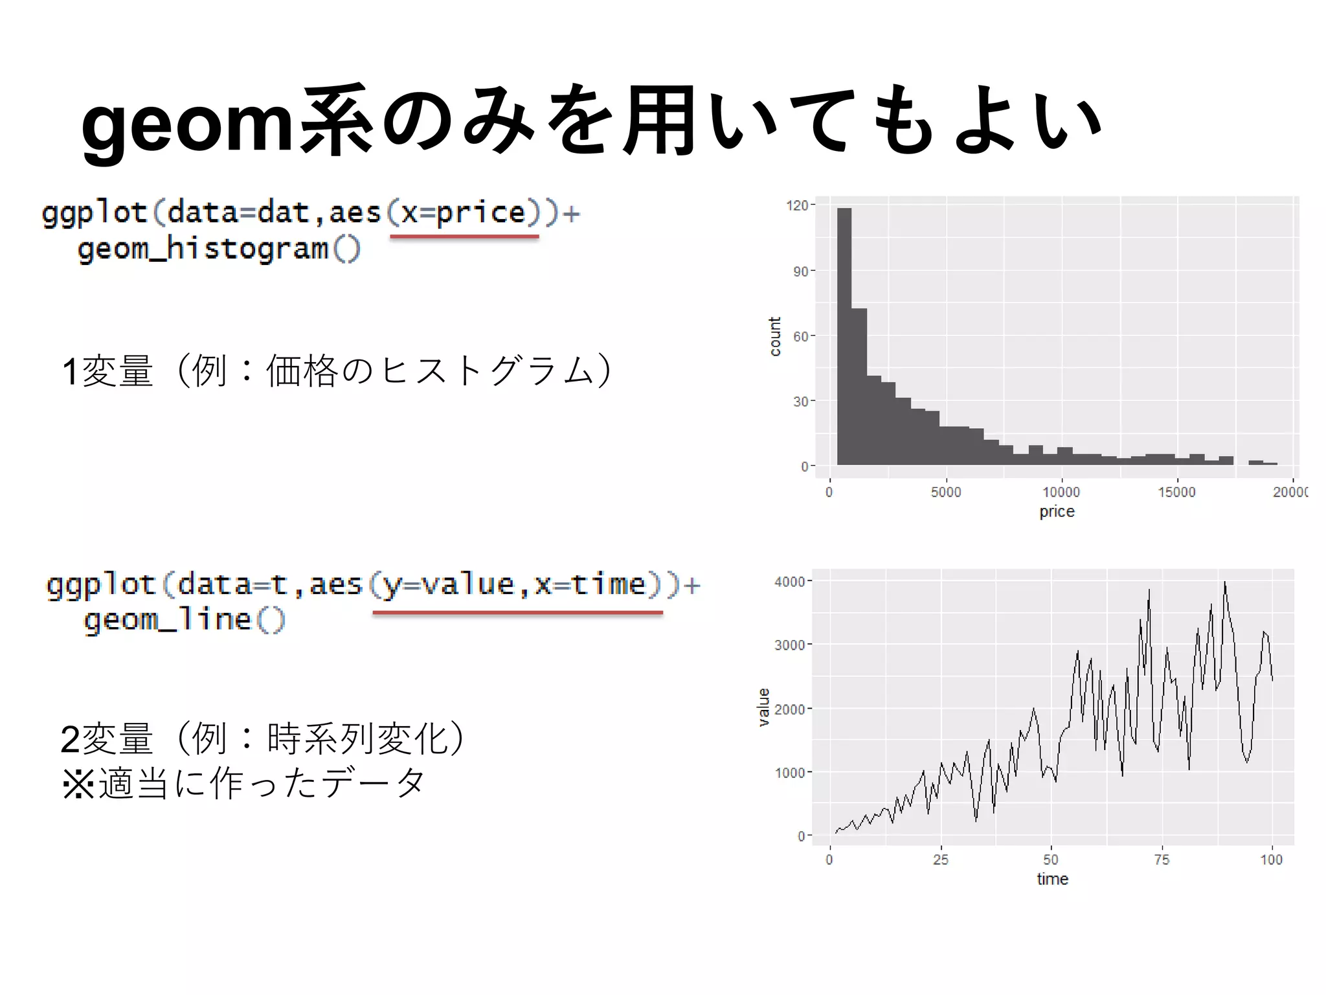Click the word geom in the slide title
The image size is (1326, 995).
click(x=188, y=123)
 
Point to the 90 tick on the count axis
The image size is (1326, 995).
click(x=801, y=271)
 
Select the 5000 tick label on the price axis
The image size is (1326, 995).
click(x=946, y=492)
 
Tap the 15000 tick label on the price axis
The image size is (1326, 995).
click(x=1176, y=492)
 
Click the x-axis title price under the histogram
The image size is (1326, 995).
click(x=1057, y=512)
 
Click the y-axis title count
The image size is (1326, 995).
click(x=775, y=337)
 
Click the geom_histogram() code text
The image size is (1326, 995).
click(x=219, y=249)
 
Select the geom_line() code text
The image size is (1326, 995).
click(x=185, y=620)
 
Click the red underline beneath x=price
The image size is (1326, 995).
click(x=464, y=237)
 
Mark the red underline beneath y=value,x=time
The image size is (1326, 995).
click(x=517, y=612)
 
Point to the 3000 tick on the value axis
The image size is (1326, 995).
click(x=790, y=645)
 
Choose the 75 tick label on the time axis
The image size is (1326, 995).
click(x=1162, y=860)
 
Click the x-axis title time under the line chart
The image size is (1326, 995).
click(x=1052, y=879)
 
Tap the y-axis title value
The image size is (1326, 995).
click(x=764, y=707)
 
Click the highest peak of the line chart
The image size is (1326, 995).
click(x=1224, y=584)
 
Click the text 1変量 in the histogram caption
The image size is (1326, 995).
click(x=107, y=372)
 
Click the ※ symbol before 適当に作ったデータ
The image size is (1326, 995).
click(x=78, y=784)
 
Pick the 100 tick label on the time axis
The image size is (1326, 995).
click(x=1271, y=860)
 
